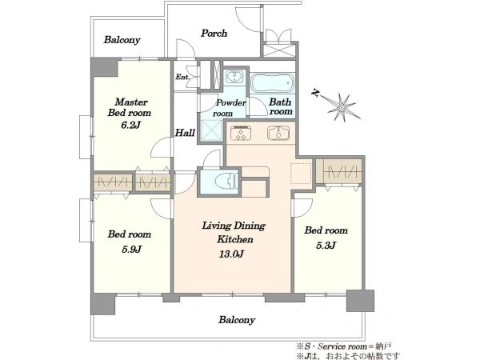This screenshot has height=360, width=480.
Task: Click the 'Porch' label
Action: point(214,33)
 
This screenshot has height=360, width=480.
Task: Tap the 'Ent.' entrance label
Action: point(182,77)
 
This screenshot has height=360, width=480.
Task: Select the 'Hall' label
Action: point(185,133)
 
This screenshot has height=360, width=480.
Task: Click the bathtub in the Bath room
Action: point(272,82)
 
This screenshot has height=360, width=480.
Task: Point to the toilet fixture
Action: point(226,182)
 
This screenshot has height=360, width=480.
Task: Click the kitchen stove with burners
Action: point(242,134)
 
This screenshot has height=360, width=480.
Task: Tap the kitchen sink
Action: point(278,134)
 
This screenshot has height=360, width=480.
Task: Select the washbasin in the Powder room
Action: point(234,77)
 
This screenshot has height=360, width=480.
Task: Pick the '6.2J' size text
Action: point(130,125)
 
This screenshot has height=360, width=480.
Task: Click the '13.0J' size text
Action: point(231,254)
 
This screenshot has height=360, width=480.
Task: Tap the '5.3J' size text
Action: point(326,246)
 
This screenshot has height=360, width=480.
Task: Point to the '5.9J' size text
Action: point(131,249)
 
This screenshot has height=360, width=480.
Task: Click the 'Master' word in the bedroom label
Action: point(131,102)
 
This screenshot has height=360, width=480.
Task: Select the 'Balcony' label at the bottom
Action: point(237,320)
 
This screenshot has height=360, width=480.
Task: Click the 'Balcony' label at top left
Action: point(122,40)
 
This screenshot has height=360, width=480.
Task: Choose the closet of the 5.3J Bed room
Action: point(339,171)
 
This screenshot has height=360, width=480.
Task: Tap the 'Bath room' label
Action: point(281,106)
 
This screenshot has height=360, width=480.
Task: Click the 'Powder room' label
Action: point(230,108)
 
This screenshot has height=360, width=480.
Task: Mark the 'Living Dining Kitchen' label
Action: point(234,232)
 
